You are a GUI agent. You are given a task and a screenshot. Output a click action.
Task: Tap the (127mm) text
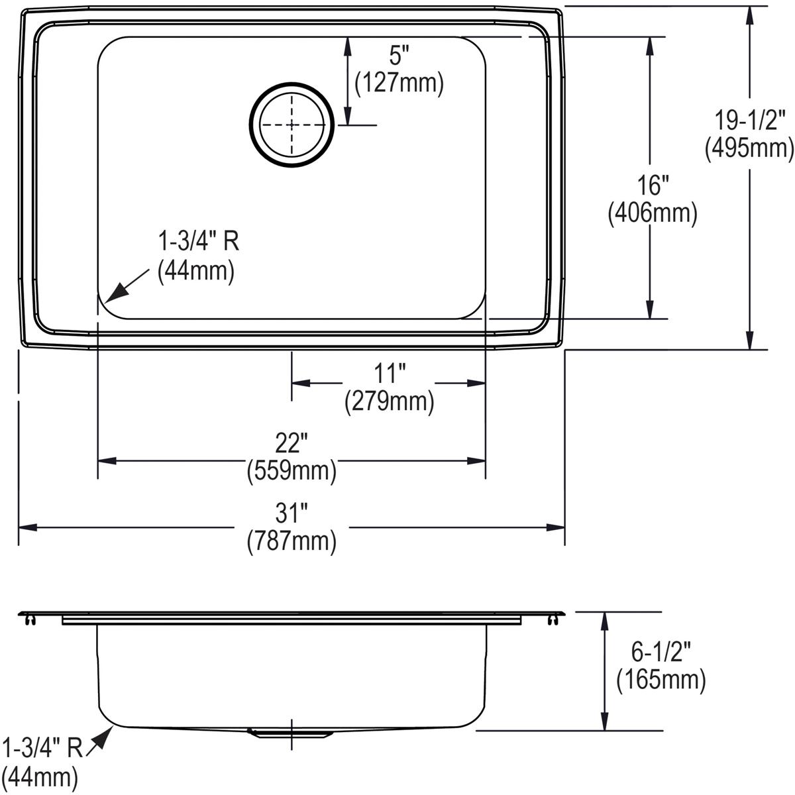pyautogui.click(x=399, y=83)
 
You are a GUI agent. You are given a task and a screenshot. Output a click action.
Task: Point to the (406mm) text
pyautogui.click(x=652, y=213)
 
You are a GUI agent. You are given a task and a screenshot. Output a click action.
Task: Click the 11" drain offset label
pyautogui.click(x=389, y=374)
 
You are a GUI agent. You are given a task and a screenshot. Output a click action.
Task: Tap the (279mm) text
pyautogui.click(x=389, y=401)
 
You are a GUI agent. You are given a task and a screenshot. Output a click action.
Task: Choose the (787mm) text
pyautogui.click(x=291, y=541)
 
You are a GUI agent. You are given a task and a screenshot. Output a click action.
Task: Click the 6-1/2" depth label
pyautogui.click(x=660, y=653)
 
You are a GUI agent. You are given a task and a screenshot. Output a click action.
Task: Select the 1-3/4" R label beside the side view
pyautogui.click(x=43, y=748)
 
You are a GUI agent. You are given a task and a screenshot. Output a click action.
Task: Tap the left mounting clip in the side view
pyautogui.click(x=28, y=619)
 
